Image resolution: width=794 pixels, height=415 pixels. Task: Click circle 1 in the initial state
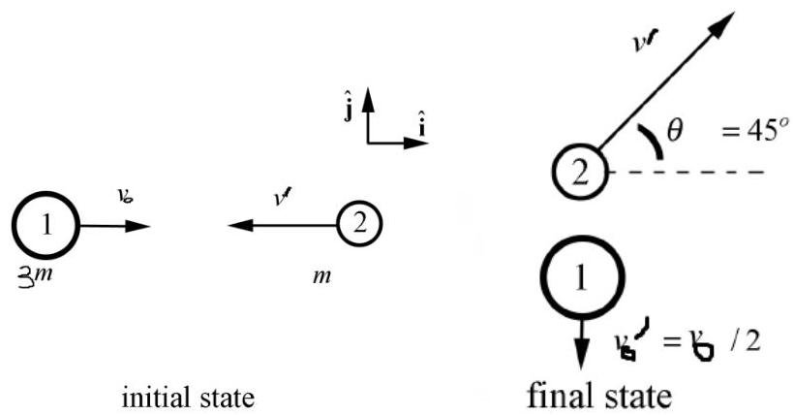[x=46, y=225]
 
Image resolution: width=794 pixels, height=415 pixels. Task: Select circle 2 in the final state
[x=577, y=173]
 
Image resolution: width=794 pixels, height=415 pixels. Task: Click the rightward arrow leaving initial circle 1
[x=114, y=226]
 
